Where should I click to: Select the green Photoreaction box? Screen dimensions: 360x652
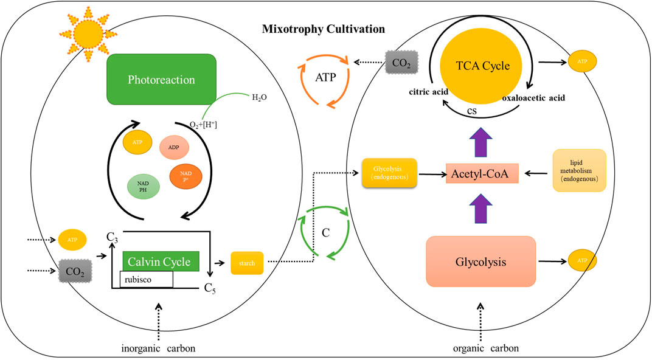pos(162,80)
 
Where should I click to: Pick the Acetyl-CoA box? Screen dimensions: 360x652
pos(481,174)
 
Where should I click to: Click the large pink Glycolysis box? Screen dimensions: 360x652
pos(480,260)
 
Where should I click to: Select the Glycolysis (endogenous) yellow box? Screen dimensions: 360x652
pos(388,173)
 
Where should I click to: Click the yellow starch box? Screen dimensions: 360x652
pos(247,263)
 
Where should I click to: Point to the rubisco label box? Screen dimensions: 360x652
pos(147,279)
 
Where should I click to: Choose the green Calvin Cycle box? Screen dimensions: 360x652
pos(161,262)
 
